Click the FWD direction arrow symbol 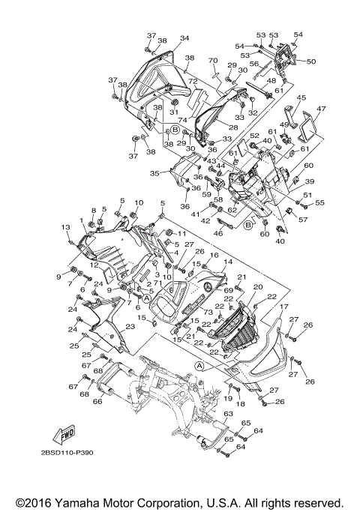click(x=67, y=434)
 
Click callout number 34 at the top click(x=184, y=38)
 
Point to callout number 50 click(x=311, y=61)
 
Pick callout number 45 click(x=302, y=97)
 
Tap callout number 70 click(x=212, y=60)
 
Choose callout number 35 click(x=154, y=172)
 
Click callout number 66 click(x=97, y=402)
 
